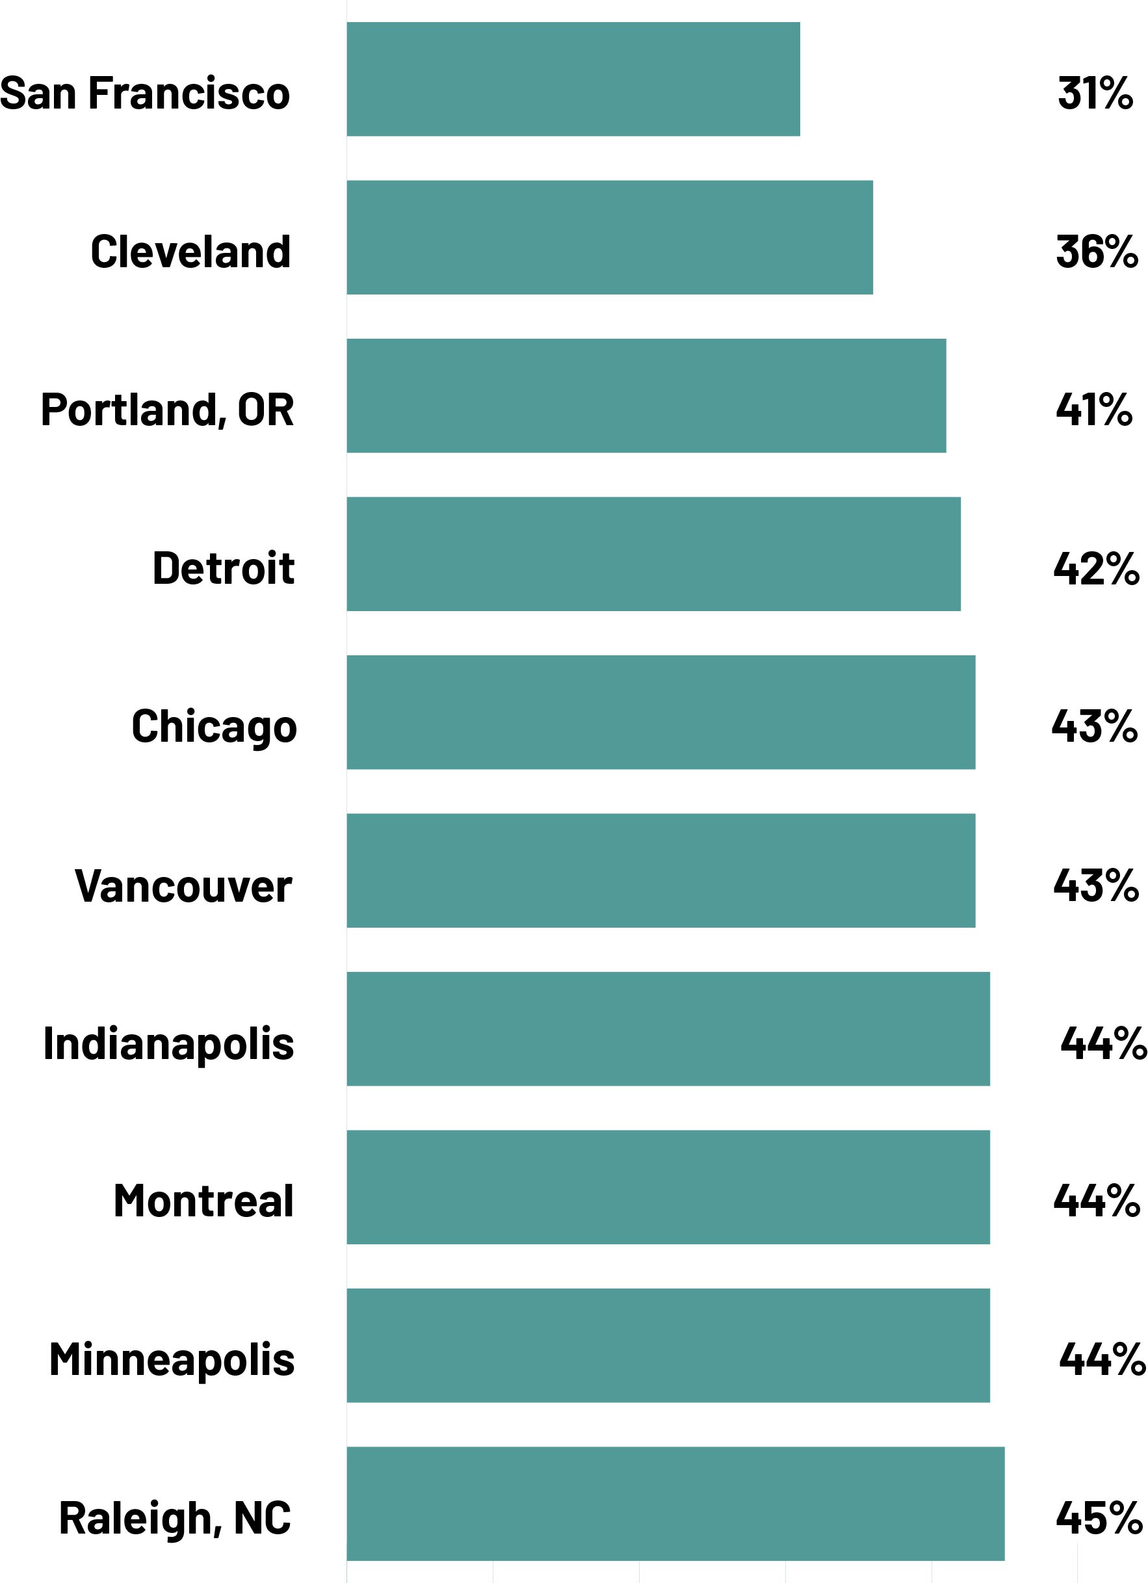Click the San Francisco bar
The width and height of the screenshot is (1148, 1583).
[x=573, y=79]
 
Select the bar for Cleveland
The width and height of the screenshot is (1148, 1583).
[x=609, y=237]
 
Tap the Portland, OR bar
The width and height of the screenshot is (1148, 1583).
[x=646, y=396]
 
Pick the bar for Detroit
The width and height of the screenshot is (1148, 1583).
[x=653, y=554]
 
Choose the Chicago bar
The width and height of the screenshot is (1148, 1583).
[x=661, y=712]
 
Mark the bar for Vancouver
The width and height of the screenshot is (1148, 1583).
[x=661, y=870]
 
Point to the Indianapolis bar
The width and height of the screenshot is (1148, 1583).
[x=668, y=1029]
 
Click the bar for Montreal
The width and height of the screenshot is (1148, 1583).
[x=668, y=1187]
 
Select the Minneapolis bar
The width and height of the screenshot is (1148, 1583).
[x=668, y=1345]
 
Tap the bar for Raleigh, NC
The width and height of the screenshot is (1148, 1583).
[x=675, y=1504]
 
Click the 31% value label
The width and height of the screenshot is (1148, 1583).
[x=1095, y=92]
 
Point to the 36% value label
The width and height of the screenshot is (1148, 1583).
[x=1097, y=252]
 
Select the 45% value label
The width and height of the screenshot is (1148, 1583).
[x=1099, y=1517]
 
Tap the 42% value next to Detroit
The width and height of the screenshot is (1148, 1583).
[x=1095, y=568]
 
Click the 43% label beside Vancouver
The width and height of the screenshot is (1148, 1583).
[x=1095, y=885]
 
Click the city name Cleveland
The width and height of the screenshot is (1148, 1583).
[x=190, y=252]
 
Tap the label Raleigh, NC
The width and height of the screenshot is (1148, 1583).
[x=175, y=1519]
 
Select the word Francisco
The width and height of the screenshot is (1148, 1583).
[x=189, y=93]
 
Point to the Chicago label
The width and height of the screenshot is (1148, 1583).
[x=215, y=727]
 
